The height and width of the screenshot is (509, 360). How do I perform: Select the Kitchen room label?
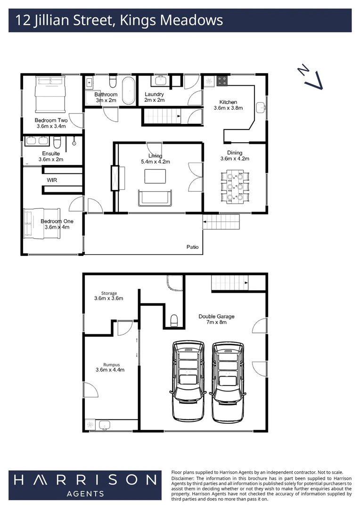[x=229, y=102]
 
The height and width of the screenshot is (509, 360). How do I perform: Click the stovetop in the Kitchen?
[x=222, y=81]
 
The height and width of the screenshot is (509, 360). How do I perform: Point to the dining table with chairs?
[x=235, y=187]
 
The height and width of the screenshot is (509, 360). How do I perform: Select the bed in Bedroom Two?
[x=50, y=93]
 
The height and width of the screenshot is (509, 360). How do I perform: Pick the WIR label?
[x=52, y=181]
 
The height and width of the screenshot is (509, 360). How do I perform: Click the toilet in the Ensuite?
[x=57, y=142]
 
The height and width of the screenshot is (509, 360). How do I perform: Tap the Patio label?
[x=192, y=247]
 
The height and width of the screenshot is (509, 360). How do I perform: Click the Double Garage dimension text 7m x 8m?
[x=216, y=322]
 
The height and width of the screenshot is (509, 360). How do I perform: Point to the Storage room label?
[x=106, y=293]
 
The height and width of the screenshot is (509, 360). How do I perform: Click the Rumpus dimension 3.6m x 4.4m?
[x=110, y=370]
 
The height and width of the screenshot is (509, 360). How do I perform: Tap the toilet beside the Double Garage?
[x=173, y=320]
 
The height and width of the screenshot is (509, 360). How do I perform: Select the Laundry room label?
[x=154, y=94]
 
